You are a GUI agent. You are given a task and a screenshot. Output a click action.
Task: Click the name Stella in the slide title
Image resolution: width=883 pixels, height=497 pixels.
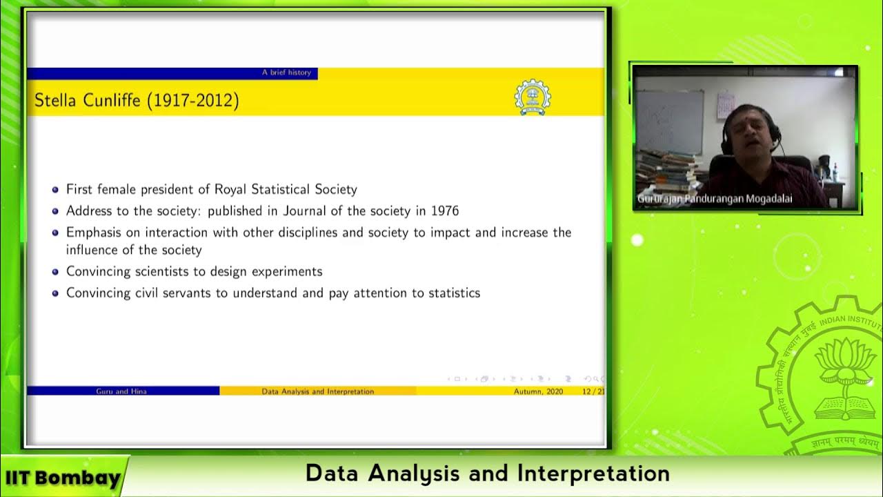coord(57,101)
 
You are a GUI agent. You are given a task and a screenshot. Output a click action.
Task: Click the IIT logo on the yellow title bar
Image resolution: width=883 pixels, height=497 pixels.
coord(533,97)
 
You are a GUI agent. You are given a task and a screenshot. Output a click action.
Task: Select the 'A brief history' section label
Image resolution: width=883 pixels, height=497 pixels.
coord(286,72)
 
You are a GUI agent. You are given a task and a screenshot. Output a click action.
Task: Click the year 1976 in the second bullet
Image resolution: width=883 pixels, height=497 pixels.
coord(445,211)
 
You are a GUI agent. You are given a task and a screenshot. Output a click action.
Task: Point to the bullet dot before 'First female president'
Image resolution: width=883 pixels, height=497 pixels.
coord(55,189)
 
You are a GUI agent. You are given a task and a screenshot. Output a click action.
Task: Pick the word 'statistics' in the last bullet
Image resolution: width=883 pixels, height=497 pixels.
coord(454,293)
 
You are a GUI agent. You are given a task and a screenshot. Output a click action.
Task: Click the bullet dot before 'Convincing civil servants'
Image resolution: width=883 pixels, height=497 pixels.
coord(55,293)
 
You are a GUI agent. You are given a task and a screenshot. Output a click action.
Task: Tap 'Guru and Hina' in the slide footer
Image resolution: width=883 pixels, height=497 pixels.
coord(121,391)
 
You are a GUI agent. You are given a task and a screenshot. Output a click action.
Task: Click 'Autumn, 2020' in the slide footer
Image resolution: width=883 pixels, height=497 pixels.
coord(538,391)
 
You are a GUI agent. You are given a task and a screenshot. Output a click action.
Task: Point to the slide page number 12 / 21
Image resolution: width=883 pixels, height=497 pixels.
coord(593,391)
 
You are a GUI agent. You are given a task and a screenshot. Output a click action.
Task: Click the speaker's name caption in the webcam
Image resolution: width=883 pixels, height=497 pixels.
coord(715,199)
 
